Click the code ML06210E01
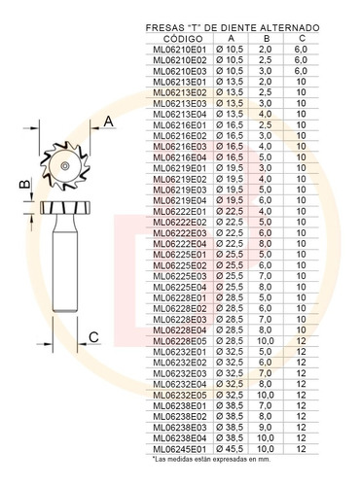click(180, 50)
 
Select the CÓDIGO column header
click(183, 39)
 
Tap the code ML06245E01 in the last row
click(180, 449)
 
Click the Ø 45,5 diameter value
click(230, 449)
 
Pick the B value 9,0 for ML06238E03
click(266, 428)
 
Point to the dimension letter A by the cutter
click(109, 121)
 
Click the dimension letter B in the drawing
click(24, 184)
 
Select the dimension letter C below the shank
click(93, 337)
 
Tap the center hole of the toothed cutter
click(65, 166)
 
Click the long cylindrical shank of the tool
click(65, 269)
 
